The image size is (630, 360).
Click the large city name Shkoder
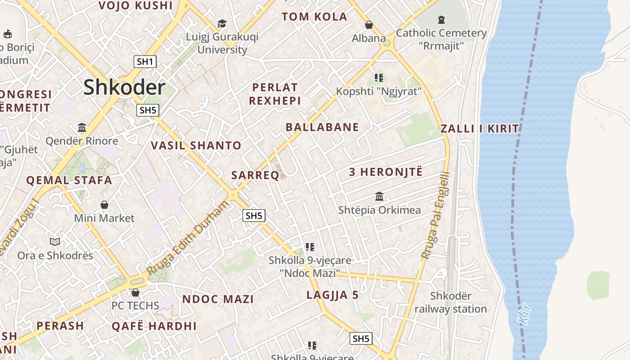tap(124, 87)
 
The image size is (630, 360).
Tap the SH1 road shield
tap(145, 62)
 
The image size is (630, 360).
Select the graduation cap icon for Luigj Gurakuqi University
tap(222, 23)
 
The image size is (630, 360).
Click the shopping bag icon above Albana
tap(369, 24)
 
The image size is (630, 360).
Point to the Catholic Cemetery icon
tap(441, 20)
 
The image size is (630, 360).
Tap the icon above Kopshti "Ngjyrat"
tap(378, 78)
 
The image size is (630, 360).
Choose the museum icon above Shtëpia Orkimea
tap(379, 197)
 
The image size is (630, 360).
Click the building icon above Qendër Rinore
tap(82, 127)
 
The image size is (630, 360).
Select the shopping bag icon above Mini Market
tap(104, 205)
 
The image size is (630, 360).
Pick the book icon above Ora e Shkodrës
tap(55, 242)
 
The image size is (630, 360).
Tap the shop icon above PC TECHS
tap(135, 292)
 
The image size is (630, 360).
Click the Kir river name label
tap(525, 314)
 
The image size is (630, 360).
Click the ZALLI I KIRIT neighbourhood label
tap(480, 129)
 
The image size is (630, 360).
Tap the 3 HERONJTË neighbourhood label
tap(386, 172)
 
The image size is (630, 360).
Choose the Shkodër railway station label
tap(450, 302)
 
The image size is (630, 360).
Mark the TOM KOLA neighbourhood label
tap(315, 17)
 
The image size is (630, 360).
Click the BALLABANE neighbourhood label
tap(322, 127)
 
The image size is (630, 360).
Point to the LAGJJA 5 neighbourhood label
tap(333, 295)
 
